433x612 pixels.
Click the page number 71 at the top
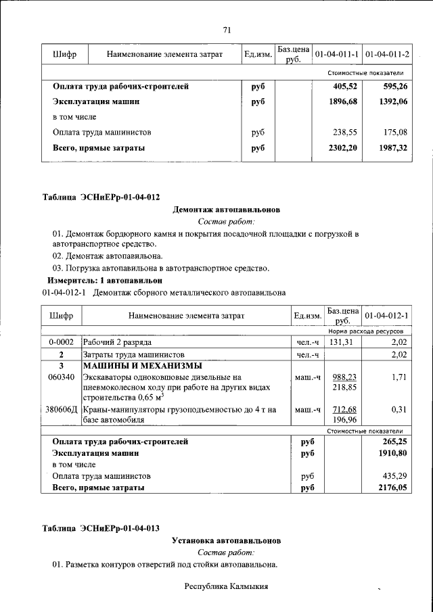pyautogui.click(x=227, y=29)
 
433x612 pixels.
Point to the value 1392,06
pyautogui.click(x=393, y=101)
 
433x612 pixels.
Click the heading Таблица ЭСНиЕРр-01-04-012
pyautogui.click(x=101, y=197)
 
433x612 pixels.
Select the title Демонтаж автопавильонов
pyautogui.click(x=227, y=210)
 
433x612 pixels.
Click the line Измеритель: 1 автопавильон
pyautogui.click(x=105, y=280)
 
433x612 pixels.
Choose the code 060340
pyautogui.click(x=61, y=377)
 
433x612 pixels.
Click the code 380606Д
pyautogui.click(x=61, y=410)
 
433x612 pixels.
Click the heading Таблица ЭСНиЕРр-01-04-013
pyautogui.click(x=101, y=528)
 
